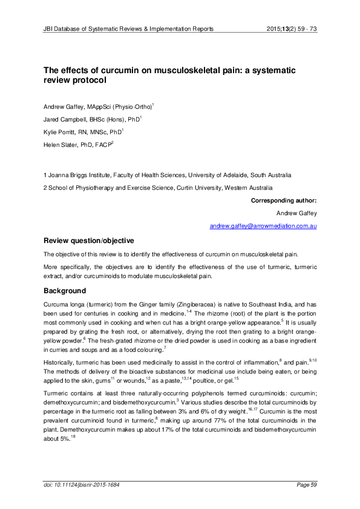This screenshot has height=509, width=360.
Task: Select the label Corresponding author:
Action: coord(283,200)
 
